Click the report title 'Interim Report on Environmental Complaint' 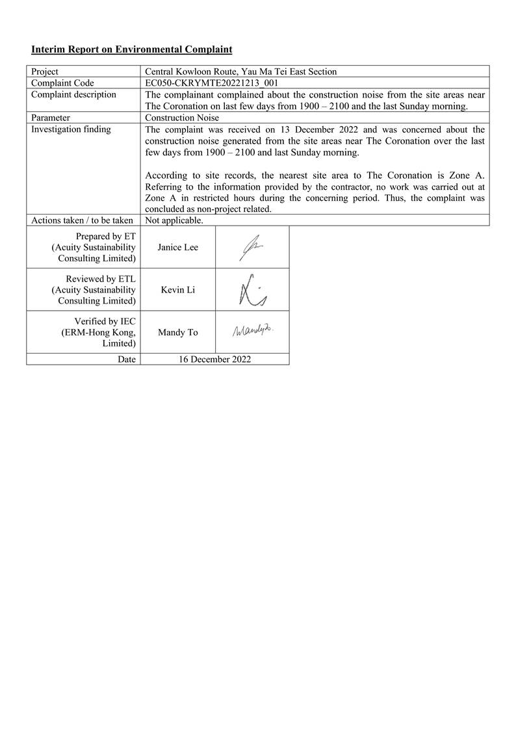pos(132,49)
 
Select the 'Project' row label pos(45,72)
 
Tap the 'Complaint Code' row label pos(62,83)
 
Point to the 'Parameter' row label pos(51,118)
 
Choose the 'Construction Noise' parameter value pos(182,118)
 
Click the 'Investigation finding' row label pos(71,129)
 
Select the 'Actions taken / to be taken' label pos(82,220)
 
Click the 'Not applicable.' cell pos(174,220)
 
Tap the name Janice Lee pos(177,247)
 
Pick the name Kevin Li pos(177,290)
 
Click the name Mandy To pos(177,332)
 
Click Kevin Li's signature pos(252,290)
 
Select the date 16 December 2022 pos(214,359)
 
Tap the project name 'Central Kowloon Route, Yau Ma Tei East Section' pos(240,72)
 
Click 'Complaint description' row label pos(73,94)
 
